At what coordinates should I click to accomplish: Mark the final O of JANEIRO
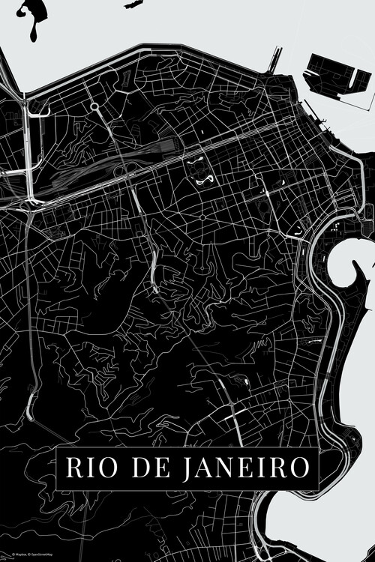coord(298,468)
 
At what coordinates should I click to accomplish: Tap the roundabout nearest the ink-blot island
coord(95,107)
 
